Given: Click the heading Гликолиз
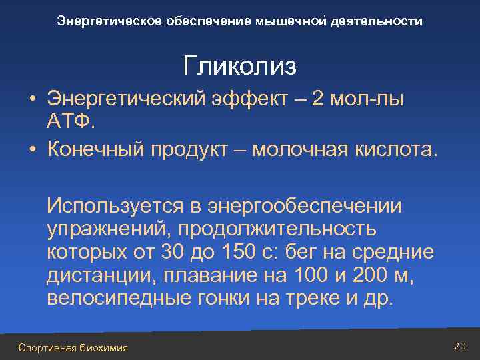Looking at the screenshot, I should [240, 66].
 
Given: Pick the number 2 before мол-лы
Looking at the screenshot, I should [319, 99].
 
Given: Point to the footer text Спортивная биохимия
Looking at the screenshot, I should [73, 347].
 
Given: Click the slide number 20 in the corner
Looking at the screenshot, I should [459, 345].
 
